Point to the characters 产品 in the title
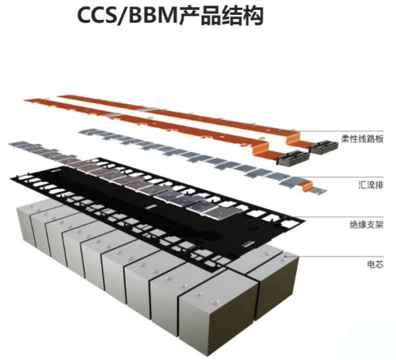tap(200, 16)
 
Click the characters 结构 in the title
tap(242, 16)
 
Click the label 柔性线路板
tap(363, 139)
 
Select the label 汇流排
tap(370, 185)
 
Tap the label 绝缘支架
tap(367, 225)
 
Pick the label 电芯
tap(375, 265)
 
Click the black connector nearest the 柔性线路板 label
tap(324, 147)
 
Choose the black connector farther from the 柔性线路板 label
tap(293, 157)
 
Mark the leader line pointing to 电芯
tap(334, 257)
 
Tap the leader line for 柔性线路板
tap(339, 131)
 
